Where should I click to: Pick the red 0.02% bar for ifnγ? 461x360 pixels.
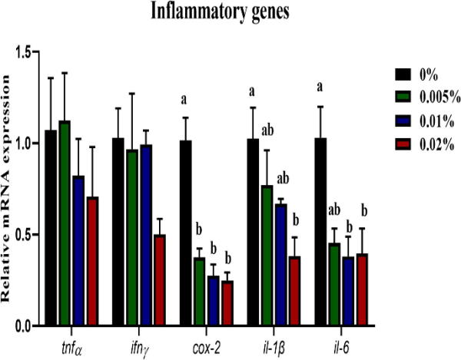[x=160, y=280]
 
